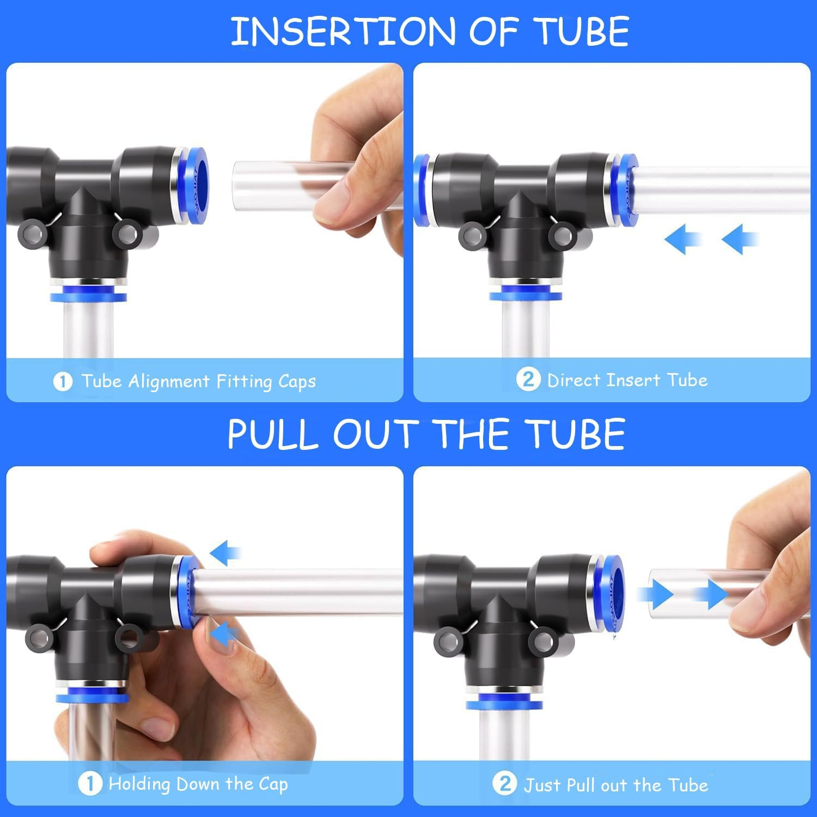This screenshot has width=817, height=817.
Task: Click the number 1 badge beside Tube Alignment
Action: pos(63,381)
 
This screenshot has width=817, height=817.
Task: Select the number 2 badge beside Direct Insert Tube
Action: pos(528,379)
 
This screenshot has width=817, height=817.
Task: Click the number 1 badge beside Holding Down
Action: pos(90,784)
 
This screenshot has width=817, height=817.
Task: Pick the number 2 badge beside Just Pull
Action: pos(504,784)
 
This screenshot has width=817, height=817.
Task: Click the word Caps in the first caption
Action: pos(297,381)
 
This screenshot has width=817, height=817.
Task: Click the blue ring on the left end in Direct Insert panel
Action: pos(420,190)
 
